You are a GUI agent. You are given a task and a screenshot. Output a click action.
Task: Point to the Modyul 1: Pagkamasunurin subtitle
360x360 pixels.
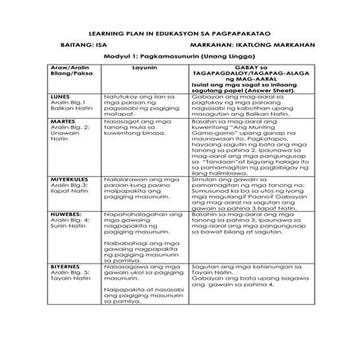click(179, 58)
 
